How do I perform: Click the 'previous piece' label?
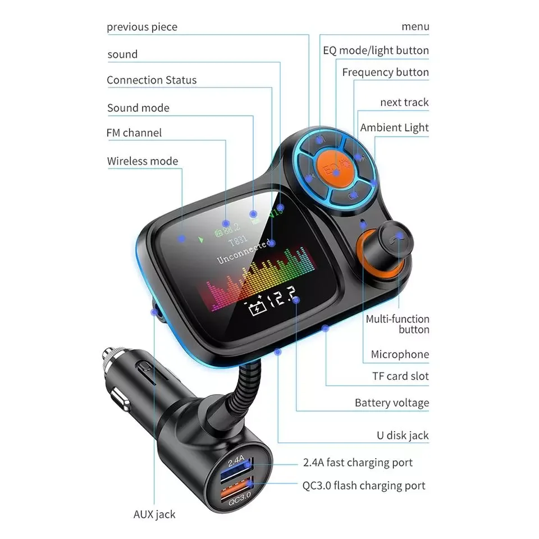[x=142, y=27]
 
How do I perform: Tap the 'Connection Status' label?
[x=152, y=80]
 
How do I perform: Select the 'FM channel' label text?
[x=134, y=133]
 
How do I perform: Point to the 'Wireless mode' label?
[x=143, y=161]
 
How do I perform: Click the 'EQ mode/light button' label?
[x=376, y=51]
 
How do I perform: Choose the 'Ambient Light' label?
[x=394, y=127]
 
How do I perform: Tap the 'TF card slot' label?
[x=400, y=376]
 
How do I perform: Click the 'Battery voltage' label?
[x=392, y=403]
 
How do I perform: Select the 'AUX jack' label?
[x=154, y=514]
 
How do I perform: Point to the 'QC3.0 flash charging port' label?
[x=364, y=485]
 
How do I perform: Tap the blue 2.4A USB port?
[x=236, y=468]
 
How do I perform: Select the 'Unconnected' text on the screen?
[x=244, y=251]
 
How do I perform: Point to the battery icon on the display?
[x=257, y=307]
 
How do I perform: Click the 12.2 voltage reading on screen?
[x=283, y=296]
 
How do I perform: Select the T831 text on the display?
[x=238, y=240]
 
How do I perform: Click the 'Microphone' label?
[x=400, y=354]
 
